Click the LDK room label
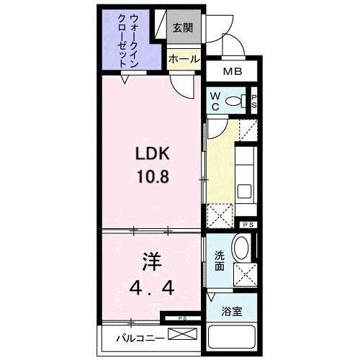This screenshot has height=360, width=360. click(153, 153)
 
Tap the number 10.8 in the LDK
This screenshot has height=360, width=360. click(153, 176)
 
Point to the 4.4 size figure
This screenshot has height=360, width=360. click(152, 287)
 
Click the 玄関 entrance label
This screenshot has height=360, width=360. click(183, 28)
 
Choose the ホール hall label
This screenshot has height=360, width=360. click(184, 59)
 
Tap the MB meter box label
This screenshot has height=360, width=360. click(233, 71)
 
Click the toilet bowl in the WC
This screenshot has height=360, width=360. click(235, 101)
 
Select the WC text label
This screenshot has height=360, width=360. click(215, 102)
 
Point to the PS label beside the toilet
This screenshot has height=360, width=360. click(254, 102)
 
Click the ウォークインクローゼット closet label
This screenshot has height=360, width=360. click(128, 41)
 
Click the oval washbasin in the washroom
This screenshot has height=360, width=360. click(241, 248)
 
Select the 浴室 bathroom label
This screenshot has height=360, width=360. click(232, 311)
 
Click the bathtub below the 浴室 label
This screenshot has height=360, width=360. click(232, 337)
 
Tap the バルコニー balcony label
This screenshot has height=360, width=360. click(140, 338)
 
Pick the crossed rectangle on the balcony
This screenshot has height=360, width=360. click(183, 334)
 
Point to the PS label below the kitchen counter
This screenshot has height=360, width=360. click(248, 225)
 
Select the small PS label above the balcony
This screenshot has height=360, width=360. click(182, 318)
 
